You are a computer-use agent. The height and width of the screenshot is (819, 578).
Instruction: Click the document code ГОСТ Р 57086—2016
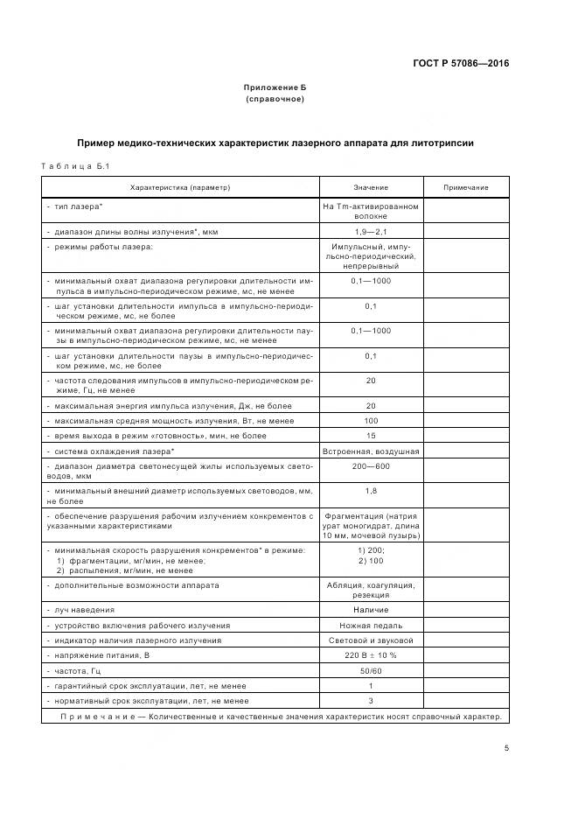tap(460, 63)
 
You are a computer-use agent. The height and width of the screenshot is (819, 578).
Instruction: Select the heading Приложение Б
tap(275, 87)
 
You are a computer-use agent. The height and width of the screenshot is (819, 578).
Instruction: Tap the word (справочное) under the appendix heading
tap(275, 99)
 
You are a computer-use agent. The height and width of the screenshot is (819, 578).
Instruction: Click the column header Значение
tap(371, 188)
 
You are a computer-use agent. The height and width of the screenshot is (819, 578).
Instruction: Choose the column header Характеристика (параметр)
tap(180, 188)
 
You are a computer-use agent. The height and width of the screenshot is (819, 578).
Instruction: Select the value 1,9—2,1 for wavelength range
tap(371, 231)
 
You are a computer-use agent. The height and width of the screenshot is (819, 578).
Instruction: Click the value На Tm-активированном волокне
tap(371, 210)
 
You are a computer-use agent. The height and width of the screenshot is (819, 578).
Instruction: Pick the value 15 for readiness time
tap(371, 436)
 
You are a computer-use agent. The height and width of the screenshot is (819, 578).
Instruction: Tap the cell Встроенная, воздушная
tap(371, 451)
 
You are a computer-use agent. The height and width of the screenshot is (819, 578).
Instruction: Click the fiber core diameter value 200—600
tap(371, 466)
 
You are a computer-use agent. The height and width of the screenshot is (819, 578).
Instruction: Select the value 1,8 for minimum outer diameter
tap(371, 491)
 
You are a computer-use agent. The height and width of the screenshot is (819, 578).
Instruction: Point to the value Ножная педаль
tap(371, 626)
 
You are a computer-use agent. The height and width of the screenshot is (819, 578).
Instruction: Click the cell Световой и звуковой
tap(371, 640)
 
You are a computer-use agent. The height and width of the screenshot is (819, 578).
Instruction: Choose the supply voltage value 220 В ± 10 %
tap(371, 655)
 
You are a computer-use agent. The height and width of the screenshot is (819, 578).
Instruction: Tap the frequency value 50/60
tap(371, 670)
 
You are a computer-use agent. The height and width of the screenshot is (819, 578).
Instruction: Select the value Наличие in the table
tap(371, 610)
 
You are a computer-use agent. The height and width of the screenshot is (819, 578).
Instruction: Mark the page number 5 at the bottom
tap(506, 748)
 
